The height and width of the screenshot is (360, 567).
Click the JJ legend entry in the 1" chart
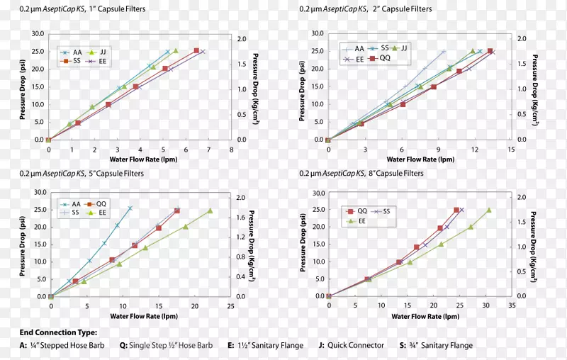[100, 52]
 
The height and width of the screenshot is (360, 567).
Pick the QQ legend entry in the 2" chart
[379, 59]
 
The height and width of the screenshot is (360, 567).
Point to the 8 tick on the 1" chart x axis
[231, 150]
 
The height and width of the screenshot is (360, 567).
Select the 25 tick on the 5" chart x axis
[231, 306]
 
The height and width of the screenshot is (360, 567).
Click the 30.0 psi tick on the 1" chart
[37, 33]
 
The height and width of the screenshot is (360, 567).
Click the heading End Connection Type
[58, 332]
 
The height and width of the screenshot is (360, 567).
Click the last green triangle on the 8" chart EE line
[488, 210]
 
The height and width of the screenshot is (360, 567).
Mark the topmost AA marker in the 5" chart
[130, 208]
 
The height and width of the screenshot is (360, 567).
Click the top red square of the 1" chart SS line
[196, 50]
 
